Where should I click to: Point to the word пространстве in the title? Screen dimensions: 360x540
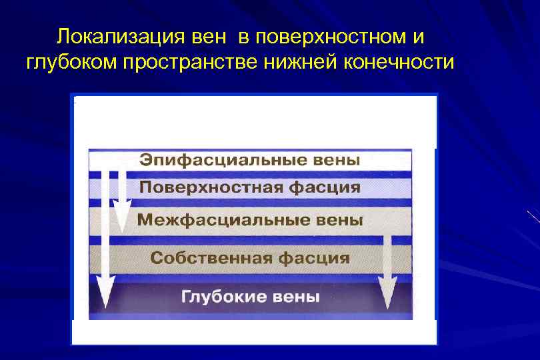coord(189,63)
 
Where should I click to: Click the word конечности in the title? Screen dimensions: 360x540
coord(399,63)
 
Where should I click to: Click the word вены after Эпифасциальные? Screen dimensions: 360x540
coord(335,160)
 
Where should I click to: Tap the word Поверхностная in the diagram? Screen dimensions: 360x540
coord(211,187)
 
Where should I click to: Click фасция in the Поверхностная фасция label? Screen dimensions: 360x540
coord(325,187)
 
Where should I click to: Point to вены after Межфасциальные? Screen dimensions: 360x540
coord(339,219)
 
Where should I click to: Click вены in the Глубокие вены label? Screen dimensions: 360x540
coord(296,296)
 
